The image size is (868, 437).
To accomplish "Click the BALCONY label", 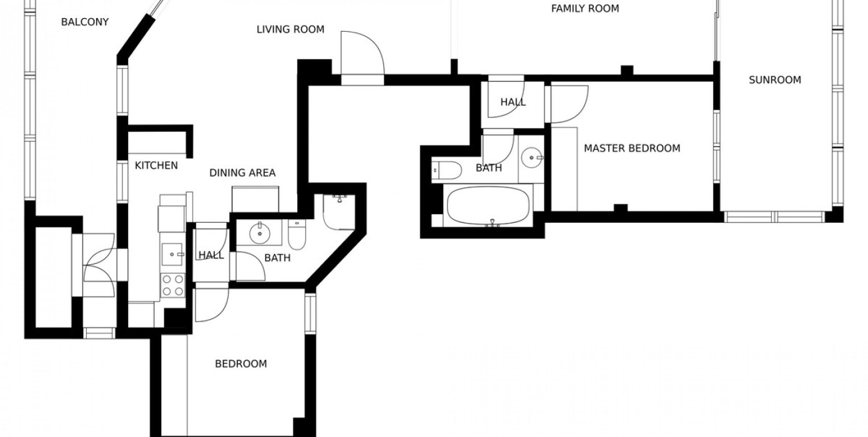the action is coord(85,22).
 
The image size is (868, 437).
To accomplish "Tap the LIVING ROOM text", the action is coord(290,29).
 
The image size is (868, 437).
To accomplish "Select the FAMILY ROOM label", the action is coord(585,9).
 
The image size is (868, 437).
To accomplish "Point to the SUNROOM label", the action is coord(774,80).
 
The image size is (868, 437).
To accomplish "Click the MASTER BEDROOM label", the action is coord(632,149).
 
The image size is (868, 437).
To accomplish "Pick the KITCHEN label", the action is coord(156,165).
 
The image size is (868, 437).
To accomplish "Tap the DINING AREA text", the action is coord(242,173).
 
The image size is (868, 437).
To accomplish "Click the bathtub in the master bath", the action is coord(488,205).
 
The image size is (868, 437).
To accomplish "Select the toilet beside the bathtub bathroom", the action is coord(446,170).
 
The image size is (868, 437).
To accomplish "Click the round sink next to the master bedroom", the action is coord(532,158).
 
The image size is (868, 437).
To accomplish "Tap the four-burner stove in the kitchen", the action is coord(173,285).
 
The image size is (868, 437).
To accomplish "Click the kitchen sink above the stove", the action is coord(172,254).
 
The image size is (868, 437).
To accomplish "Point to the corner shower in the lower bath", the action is coord(339,212).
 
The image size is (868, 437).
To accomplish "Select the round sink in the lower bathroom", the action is coord(260,233).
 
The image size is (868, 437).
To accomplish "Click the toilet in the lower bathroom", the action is coord(297,235).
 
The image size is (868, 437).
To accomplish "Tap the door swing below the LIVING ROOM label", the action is coord(362,52).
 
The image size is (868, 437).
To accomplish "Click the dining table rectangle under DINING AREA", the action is coord(255,199).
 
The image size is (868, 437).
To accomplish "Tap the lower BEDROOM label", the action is coord(241,364).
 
